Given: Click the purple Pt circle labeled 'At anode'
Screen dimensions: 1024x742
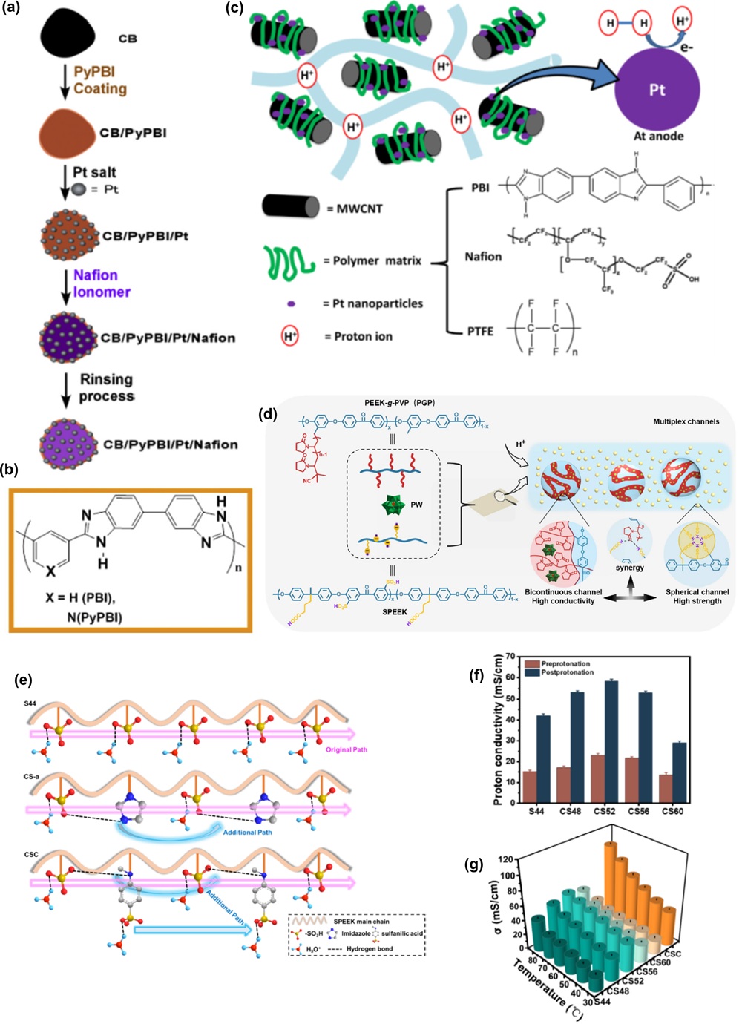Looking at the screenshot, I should click(x=657, y=91).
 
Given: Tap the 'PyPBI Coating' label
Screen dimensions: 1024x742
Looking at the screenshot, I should click(x=100, y=80).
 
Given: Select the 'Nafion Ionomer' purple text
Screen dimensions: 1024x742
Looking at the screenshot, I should click(x=102, y=283).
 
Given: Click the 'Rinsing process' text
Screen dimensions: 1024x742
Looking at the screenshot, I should click(x=107, y=387).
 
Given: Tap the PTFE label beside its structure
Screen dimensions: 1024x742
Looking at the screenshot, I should click(x=480, y=331).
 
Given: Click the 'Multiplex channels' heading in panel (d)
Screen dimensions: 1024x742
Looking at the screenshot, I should click(x=686, y=421).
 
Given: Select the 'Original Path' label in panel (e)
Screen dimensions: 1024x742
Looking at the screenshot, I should click(x=346, y=749).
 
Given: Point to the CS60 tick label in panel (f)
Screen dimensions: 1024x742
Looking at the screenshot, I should click(x=672, y=811).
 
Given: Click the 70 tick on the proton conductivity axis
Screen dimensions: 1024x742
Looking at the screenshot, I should click(x=510, y=657).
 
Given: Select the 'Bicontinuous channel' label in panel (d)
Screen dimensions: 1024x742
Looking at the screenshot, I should click(x=563, y=592).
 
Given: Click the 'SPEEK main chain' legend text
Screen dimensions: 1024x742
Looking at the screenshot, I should click(x=372, y=922).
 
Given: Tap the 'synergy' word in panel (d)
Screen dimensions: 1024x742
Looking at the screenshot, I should click(x=629, y=568).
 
